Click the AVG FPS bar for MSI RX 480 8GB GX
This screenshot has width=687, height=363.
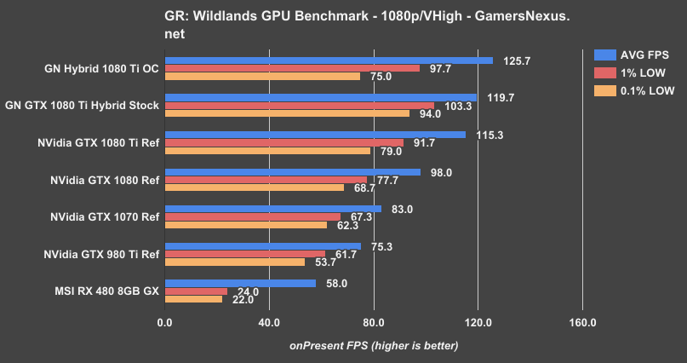click(x=240, y=283)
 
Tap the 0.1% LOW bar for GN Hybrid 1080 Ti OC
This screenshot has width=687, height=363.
click(x=262, y=76)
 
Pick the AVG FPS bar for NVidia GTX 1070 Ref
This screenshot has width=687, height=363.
click(x=272, y=209)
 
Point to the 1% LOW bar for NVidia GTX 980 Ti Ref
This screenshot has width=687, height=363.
click(x=245, y=254)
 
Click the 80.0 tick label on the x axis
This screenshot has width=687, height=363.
click(x=374, y=323)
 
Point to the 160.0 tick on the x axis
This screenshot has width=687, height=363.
click(x=582, y=323)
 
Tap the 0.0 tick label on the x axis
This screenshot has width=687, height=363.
click(x=165, y=323)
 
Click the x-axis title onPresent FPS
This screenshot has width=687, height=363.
click(x=374, y=345)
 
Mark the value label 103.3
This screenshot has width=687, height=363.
click(x=457, y=106)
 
